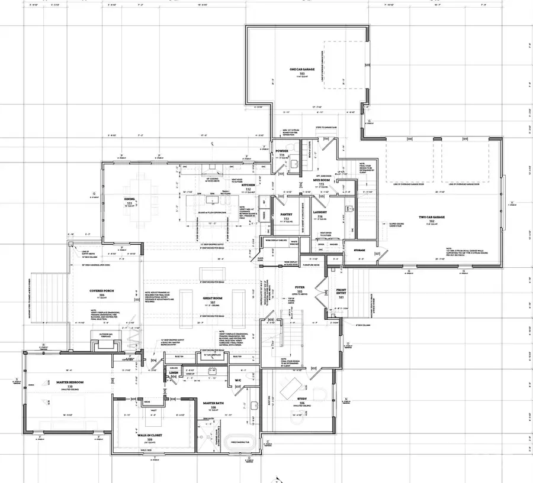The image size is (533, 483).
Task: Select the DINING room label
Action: pos(129,199)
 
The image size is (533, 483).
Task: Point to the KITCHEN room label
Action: pos(249,186)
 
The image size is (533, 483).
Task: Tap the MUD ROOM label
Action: pos(325,182)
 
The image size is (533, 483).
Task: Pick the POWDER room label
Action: pos(282,151)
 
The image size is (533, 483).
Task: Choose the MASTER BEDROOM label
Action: pos(70,382)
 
